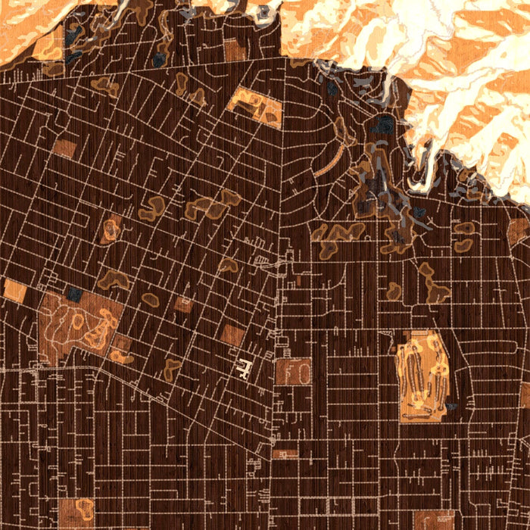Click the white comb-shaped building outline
pyautogui.click(x=244, y=369)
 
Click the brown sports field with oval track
pyautogui.click(x=292, y=372)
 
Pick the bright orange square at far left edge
pyautogui.click(x=14, y=290)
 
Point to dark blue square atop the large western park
pyautogui.click(x=75, y=294)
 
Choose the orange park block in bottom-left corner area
pyautogui.click(x=76, y=512)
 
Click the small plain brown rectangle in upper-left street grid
pyautogui.click(x=64, y=148)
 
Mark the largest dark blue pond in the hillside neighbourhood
pyautogui.click(x=385, y=124)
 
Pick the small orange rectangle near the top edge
pyautogui.click(x=234, y=50)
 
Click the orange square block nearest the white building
pyautogui.click(x=233, y=334)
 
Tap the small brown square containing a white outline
pyautogui.click(x=183, y=304)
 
